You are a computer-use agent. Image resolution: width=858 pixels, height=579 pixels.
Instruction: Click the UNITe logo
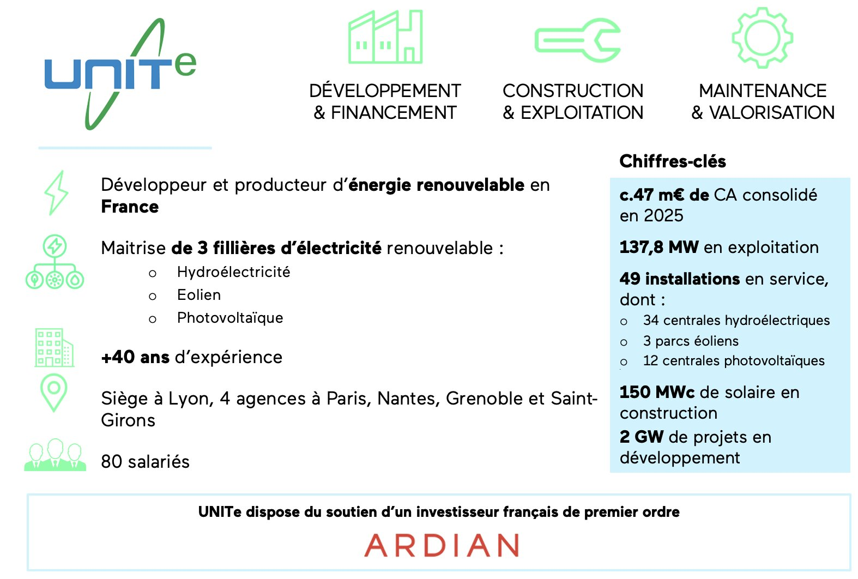(120, 73)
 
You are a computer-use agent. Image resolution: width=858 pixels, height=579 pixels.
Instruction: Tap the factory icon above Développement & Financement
(385, 37)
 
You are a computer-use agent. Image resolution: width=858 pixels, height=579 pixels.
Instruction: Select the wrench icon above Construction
(578, 40)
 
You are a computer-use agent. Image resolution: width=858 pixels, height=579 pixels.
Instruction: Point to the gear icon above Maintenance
(762, 38)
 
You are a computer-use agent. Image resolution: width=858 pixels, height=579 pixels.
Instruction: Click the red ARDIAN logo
(442, 545)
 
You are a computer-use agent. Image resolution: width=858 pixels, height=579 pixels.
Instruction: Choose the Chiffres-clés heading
(673, 161)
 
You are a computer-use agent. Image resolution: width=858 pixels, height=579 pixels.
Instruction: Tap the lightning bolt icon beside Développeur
(56, 193)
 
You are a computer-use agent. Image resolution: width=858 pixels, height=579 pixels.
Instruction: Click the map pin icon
(53, 393)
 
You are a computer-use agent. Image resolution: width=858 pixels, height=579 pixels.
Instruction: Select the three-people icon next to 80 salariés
(55, 455)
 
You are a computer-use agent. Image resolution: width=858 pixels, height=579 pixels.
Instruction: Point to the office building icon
(55, 347)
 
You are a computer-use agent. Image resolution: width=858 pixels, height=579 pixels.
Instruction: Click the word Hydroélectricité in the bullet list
(234, 272)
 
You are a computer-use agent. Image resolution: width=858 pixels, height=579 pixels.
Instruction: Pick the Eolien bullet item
(199, 295)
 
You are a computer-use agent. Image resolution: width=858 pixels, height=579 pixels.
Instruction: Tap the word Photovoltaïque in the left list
(230, 318)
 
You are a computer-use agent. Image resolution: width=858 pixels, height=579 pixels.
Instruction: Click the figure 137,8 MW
(659, 247)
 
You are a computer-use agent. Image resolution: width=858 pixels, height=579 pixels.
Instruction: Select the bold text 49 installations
(680, 279)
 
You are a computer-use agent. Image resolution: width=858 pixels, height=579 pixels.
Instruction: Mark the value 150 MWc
(657, 392)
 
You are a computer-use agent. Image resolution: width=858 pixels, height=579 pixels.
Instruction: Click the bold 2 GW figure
(642, 437)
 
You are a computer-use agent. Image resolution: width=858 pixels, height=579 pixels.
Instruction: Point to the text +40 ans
(135, 357)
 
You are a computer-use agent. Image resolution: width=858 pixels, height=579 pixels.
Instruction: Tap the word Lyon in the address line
(191, 399)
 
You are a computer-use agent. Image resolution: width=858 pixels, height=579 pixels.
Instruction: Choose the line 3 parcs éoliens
(691, 341)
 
